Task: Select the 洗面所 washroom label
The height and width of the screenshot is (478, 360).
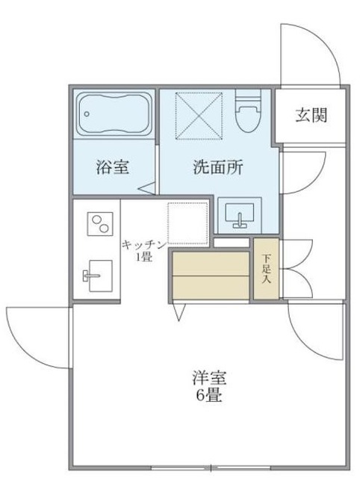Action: coord(218,167)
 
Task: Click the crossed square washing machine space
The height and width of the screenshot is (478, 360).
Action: coord(199,115)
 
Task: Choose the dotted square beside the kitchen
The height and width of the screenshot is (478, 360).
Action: coord(187,223)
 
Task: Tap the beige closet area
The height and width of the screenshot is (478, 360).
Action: coord(210,274)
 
